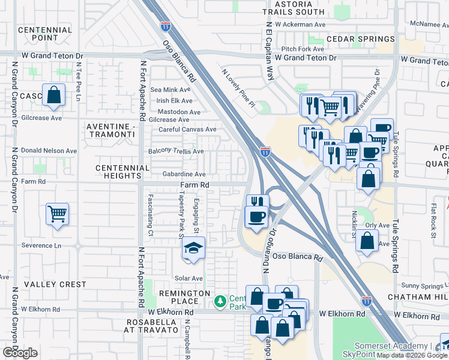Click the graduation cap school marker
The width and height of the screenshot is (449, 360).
click(194, 248)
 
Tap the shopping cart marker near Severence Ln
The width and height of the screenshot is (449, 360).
click(57, 214)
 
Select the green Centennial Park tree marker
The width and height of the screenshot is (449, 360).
click(221, 299)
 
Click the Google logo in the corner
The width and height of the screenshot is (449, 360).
click(20, 353)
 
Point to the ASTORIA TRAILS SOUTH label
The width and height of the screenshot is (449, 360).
click(294, 7)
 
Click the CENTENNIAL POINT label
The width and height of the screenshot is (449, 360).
click(45, 34)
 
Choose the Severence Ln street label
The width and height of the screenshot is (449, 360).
click(41, 245)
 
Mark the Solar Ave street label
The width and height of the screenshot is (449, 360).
click(188, 278)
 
